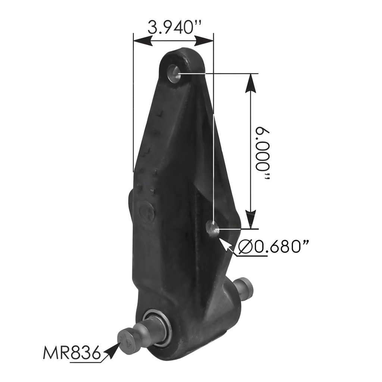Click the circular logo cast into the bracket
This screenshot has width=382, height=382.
(x=146, y=213)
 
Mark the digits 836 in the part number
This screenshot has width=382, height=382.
(x=85, y=352)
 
